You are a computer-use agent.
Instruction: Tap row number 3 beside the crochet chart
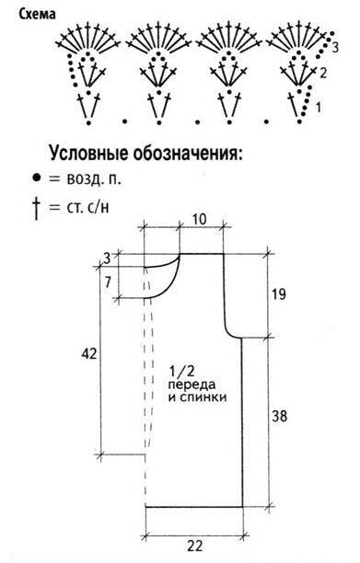point(335,47)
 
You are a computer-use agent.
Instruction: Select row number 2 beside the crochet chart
point(323,74)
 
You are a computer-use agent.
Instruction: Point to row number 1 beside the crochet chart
point(319,107)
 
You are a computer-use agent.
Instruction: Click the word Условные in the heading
point(88,153)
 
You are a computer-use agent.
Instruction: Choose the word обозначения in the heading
point(188,154)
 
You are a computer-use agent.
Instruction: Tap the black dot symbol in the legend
point(36,178)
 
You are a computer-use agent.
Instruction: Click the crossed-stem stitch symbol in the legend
point(36,208)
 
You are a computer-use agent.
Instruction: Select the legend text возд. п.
point(93,178)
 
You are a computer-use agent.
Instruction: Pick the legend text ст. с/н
point(87,207)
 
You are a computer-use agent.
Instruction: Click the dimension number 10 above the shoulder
point(200,219)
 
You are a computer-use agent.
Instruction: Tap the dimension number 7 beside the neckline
point(108,282)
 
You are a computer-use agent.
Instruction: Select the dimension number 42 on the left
point(89,354)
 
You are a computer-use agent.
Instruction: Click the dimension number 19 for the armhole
point(278,294)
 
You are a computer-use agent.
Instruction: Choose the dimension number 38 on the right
point(279,416)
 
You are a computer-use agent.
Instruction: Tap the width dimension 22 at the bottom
point(194,546)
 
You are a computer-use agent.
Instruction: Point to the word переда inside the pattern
point(192,385)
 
